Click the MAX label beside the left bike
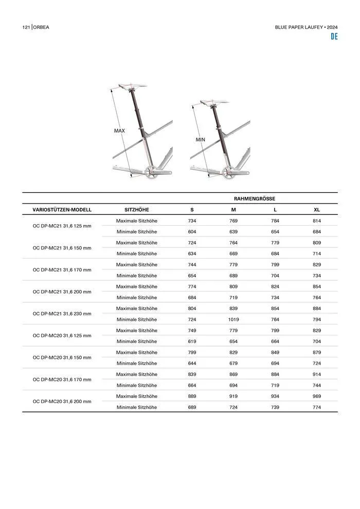point(119,131)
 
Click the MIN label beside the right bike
point(200,140)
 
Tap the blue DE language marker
point(334,37)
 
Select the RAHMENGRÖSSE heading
point(254,198)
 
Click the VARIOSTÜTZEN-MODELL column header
point(62,210)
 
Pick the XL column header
point(317,210)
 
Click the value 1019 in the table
point(233,319)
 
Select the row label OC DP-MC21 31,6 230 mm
point(62,314)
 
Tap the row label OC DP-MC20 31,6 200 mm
point(62,402)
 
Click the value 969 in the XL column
point(317,396)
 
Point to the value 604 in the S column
point(192,231)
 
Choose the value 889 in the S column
point(192,396)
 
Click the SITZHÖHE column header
point(137,210)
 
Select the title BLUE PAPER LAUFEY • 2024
point(307,27)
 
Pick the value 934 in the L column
point(275,396)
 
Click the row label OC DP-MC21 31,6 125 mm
point(62,226)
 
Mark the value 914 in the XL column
point(317,374)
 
